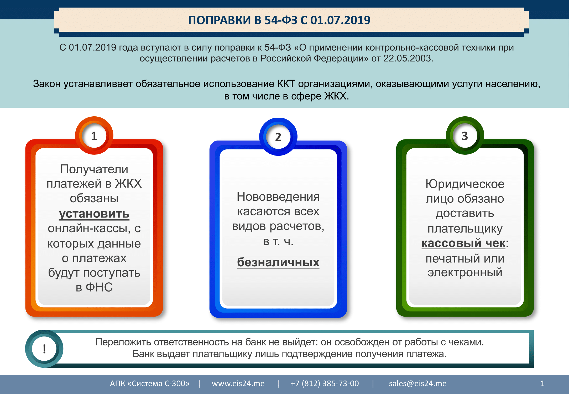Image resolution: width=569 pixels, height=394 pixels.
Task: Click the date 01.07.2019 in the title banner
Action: point(340,20)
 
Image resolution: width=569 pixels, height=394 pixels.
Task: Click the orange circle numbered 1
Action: point(94,136)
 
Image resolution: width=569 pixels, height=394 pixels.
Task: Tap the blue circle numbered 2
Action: point(278,137)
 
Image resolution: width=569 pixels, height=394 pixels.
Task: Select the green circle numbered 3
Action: point(465,136)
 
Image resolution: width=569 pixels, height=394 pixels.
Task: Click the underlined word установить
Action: point(94,214)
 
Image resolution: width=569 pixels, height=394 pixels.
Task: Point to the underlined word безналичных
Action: point(278,262)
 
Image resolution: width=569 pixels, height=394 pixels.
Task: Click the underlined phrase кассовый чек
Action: point(463,243)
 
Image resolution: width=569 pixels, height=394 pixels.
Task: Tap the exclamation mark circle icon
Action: point(44,349)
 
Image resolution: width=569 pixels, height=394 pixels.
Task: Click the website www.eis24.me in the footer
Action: point(238,383)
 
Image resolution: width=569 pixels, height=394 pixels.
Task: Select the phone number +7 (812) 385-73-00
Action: point(325,383)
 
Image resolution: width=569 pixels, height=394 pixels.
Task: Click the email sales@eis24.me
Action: point(418,383)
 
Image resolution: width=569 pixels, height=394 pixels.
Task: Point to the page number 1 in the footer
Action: point(542,383)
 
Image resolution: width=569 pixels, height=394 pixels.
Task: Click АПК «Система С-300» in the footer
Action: point(150,383)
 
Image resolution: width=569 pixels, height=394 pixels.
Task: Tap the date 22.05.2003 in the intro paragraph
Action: point(408,58)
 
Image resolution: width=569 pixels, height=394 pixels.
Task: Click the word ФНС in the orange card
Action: point(99,287)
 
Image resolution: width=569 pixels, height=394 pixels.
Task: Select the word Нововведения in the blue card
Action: point(278,197)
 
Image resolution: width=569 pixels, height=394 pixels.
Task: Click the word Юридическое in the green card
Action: point(465,184)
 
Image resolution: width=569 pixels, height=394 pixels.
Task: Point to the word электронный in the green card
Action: point(465,273)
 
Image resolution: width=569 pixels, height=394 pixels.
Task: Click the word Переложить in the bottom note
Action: point(123,342)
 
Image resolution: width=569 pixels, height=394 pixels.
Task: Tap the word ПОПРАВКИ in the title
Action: point(220,20)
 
